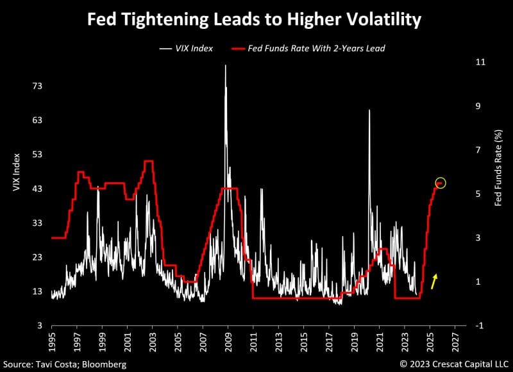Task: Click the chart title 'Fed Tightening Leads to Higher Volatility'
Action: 254,20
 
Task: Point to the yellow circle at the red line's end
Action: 440,183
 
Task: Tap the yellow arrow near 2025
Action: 434,281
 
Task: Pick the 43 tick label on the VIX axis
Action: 37,189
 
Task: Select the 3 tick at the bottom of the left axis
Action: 39,325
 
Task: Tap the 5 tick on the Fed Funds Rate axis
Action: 478,194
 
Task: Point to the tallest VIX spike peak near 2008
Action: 225,65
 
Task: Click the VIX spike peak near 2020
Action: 369,110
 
